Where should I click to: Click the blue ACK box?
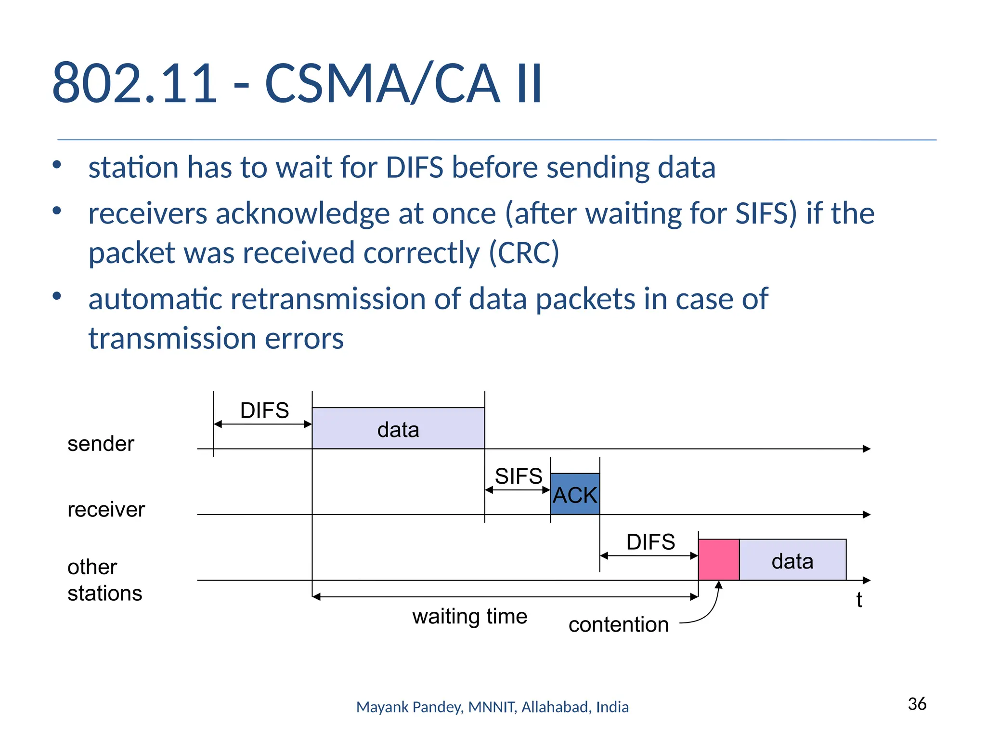(x=575, y=494)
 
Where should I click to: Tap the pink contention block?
(x=719, y=560)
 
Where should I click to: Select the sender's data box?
(x=398, y=429)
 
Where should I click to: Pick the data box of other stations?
(x=792, y=560)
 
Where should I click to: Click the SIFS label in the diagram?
(x=519, y=476)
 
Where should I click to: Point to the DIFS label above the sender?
(x=264, y=410)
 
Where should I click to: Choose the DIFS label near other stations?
(x=650, y=542)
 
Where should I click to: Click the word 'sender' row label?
(x=101, y=444)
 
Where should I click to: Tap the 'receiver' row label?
(x=106, y=509)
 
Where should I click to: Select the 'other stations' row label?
(x=104, y=580)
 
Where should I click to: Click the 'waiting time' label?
(x=469, y=617)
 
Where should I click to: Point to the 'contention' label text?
(x=618, y=625)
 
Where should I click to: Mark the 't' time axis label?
(x=859, y=600)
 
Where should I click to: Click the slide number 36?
(x=917, y=704)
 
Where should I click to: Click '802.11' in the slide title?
(x=135, y=83)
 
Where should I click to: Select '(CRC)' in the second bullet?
(x=524, y=252)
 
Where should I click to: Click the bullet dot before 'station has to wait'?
(x=57, y=165)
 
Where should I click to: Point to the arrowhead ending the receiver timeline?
(x=867, y=515)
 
